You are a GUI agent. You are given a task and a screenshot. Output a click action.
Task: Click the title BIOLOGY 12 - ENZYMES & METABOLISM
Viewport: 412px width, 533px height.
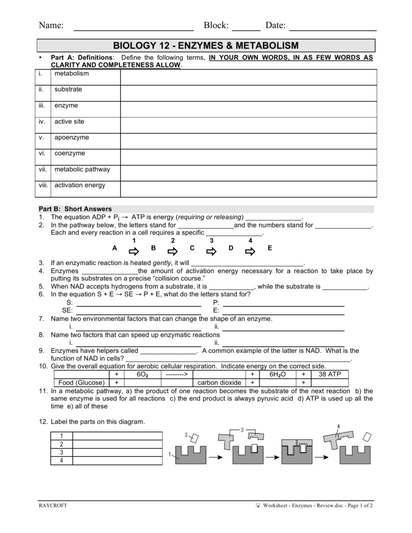[206, 46]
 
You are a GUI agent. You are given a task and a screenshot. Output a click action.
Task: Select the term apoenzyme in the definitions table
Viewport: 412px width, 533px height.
[71, 138]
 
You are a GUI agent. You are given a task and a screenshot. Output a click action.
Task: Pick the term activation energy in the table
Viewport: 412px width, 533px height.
[80, 185]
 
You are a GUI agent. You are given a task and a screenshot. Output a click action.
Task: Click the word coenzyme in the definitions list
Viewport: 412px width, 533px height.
[70, 154]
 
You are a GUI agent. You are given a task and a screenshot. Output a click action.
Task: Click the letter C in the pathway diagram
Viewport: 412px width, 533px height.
[192, 248]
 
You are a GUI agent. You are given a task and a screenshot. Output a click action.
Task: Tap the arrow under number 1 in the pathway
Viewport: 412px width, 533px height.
[134, 251]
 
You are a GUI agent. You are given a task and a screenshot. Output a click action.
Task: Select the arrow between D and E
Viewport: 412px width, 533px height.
[250, 251]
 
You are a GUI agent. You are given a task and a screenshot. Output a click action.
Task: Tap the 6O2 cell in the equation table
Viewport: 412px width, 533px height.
[143, 374]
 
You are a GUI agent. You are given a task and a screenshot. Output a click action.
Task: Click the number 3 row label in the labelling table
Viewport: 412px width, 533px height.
[61, 452]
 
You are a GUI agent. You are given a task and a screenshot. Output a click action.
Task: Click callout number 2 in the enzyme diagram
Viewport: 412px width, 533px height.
[186, 435]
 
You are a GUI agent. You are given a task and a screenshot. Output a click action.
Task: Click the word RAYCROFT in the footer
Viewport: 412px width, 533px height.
[53, 505]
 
